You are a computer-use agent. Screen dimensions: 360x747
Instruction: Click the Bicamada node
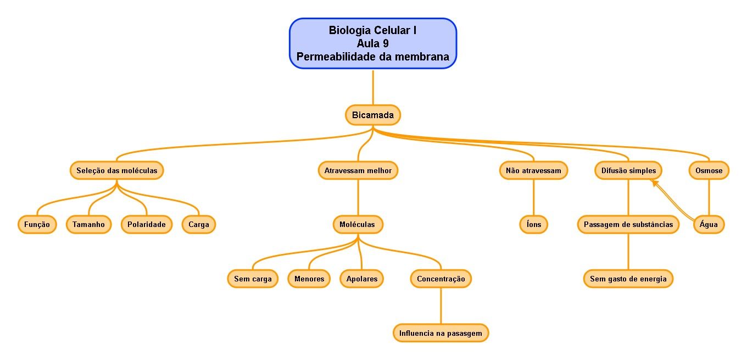pos(373,115)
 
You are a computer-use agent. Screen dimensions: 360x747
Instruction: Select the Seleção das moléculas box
pos(117,170)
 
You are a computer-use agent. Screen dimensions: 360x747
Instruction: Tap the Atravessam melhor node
pos(358,170)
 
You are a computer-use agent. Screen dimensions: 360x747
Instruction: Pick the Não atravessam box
pos(533,170)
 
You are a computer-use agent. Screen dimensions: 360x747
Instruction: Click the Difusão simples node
pos(628,170)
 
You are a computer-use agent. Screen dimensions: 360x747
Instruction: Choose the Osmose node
pos(709,170)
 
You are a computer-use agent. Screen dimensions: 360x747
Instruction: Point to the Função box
pos(37,224)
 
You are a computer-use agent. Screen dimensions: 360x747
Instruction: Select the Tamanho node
pos(88,224)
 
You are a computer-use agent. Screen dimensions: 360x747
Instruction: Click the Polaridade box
pos(147,224)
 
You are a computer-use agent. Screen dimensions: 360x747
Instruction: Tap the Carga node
pos(199,224)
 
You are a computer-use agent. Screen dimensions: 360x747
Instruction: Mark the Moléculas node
pos(358,224)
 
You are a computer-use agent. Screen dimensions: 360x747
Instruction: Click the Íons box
pos(533,224)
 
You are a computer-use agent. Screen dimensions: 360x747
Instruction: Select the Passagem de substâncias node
pos(628,224)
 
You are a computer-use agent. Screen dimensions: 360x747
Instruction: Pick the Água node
pos(709,224)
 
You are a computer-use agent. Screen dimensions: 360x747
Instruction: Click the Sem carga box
pos(253,279)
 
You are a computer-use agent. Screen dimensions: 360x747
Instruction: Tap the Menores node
pos(309,279)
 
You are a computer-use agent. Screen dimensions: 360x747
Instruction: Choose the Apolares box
pos(362,279)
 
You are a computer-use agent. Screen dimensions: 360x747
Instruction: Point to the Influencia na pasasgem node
pos(441,333)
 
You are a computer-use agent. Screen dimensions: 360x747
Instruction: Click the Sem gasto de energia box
pos(628,279)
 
